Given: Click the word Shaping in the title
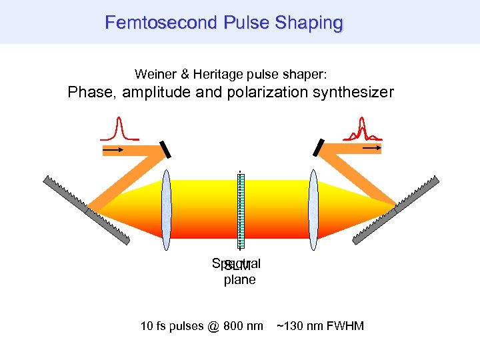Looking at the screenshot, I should (309, 23).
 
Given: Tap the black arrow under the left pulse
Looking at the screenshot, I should (113, 151).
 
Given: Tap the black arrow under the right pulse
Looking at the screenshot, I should (371, 146).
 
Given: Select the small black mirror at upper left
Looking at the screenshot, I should (165, 149).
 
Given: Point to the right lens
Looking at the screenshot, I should (313, 206).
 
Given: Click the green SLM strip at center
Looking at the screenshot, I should (241, 210).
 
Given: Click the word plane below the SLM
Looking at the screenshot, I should (239, 280).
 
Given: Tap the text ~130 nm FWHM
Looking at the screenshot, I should (320, 326).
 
